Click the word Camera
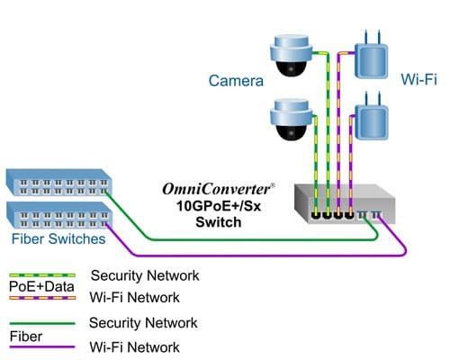click(236, 82)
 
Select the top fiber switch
click(58, 184)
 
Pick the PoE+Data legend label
click(35, 285)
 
